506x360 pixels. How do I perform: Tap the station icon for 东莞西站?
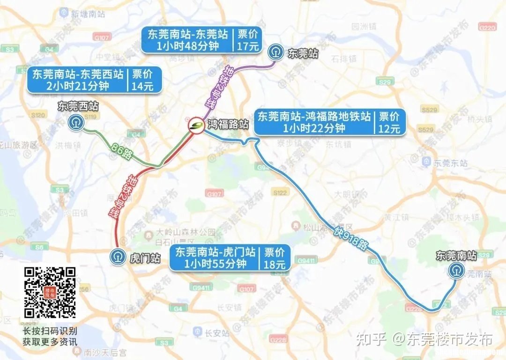[75, 123]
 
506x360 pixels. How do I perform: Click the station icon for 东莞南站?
[456, 271]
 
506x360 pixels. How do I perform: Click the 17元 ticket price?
[248, 46]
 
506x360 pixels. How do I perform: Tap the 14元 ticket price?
[142, 86]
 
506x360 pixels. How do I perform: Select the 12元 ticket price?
[389, 128]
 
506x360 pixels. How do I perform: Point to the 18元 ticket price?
[274, 264]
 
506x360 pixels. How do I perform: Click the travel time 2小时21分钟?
[78, 86]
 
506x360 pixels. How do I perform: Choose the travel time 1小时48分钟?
[187, 46]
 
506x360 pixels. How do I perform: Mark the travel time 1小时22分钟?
[314, 128]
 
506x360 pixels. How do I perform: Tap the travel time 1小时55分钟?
[215, 264]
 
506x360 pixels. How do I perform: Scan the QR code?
[50, 292]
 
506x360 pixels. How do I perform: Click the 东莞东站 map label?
[451, 163]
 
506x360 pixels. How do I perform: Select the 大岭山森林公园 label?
[186, 232]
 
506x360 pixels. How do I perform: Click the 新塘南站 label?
[87, 14]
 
